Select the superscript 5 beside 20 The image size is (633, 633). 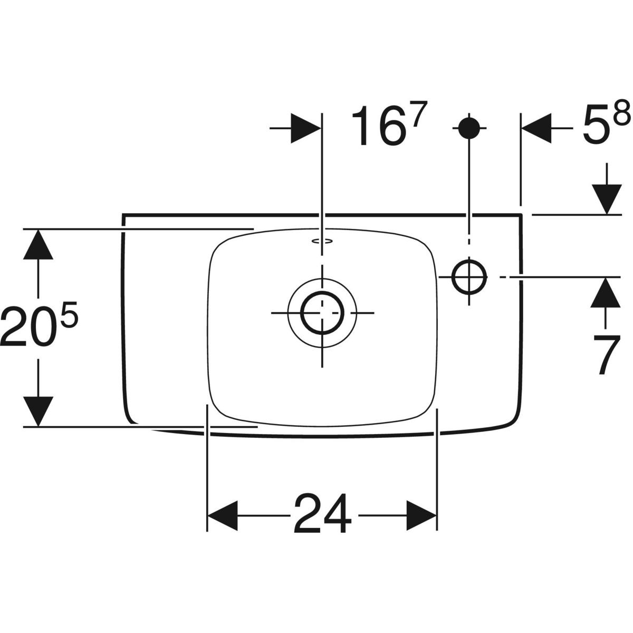tap(69, 315)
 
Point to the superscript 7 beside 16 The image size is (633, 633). tap(419, 114)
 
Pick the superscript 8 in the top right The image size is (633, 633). tap(622, 113)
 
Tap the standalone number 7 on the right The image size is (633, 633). tap(606, 355)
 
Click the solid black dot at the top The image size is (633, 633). tap(469, 128)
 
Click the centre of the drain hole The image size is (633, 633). tap(322, 313)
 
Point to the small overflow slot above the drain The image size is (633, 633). tap(322, 242)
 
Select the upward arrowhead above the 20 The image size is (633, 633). tap(38, 244)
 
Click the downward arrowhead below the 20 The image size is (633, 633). tap(38, 411)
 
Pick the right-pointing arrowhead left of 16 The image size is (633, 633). tap(305, 128)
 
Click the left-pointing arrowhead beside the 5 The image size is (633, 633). tap(536, 128)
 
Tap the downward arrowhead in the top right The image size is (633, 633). tap(607, 199)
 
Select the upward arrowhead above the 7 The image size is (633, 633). tap(606, 293)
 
